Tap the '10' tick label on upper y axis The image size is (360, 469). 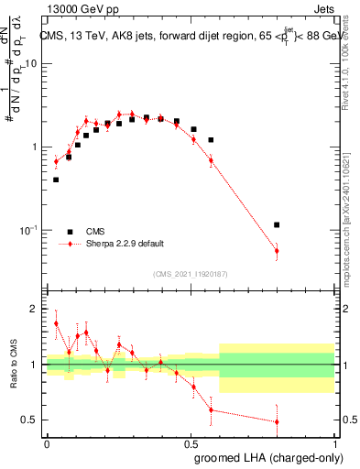coord(30,64)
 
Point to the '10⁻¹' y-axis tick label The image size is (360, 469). coord(28,229)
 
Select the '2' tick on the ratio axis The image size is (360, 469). coord(33,310)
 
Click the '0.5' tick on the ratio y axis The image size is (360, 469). coord(28,420)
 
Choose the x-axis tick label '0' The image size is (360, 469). coord(47,442)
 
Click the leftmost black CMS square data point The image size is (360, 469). coord(56,180)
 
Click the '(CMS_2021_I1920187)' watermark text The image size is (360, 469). coord(191,274)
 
